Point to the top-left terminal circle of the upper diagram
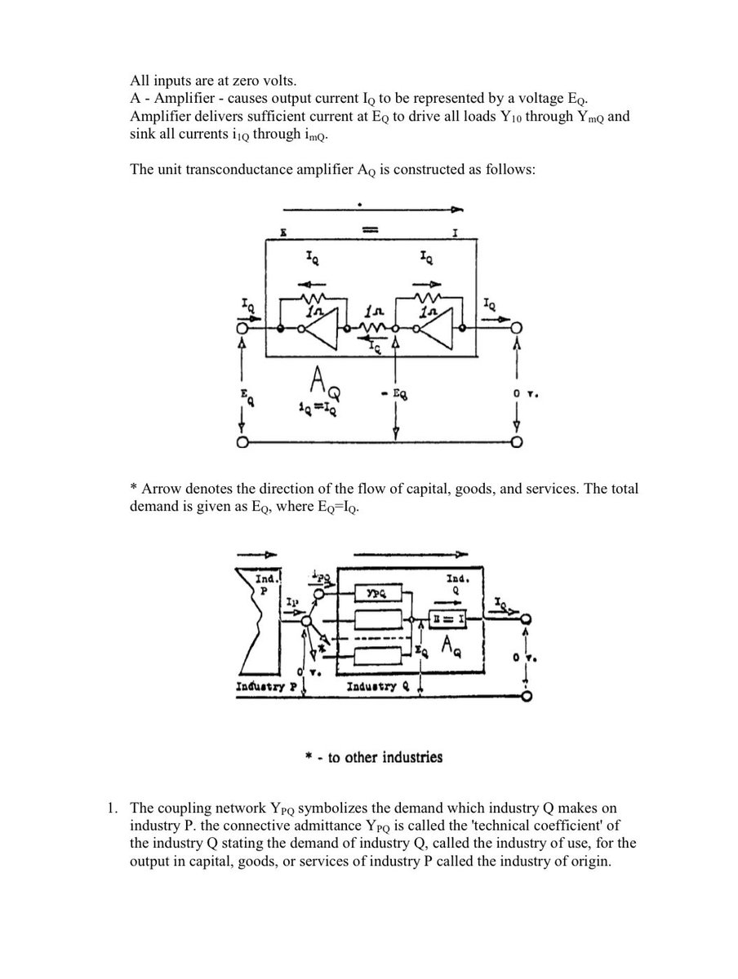242,328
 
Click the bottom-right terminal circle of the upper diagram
517,443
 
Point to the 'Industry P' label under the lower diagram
260,688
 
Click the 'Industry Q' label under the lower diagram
374,688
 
